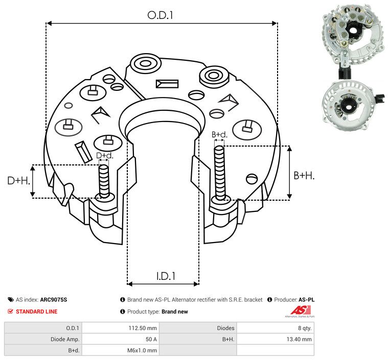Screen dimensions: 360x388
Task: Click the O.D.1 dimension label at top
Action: pyautogui.click(x=161, y=15)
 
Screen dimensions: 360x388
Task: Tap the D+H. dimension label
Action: pyautogui.click(x=18, y=181)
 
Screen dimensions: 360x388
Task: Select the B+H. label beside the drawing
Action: pyautogui.click(x=304, y=175)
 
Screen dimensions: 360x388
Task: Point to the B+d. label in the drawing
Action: pyautogui.click(x=219, y=135)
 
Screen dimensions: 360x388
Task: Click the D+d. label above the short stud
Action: pyautogui.click(x=104, y=155)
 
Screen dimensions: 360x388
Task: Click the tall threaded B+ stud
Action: pyautogui.click(x=220, y=174)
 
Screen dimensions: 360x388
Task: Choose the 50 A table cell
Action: pyautogui.click(x=152, y=339)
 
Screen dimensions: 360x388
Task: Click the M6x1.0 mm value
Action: pyautogui.click(x=143, y=350)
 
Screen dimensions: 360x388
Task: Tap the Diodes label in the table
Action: pyautogui.click(x=225, y=328)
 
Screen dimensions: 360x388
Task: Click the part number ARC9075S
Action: pyautogui.click(x=54, y=300)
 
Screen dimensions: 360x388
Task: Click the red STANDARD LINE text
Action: pyautogui.click(x=36, y=311)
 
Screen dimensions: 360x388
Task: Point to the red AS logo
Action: pyautogui.click(x=298, y=310)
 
